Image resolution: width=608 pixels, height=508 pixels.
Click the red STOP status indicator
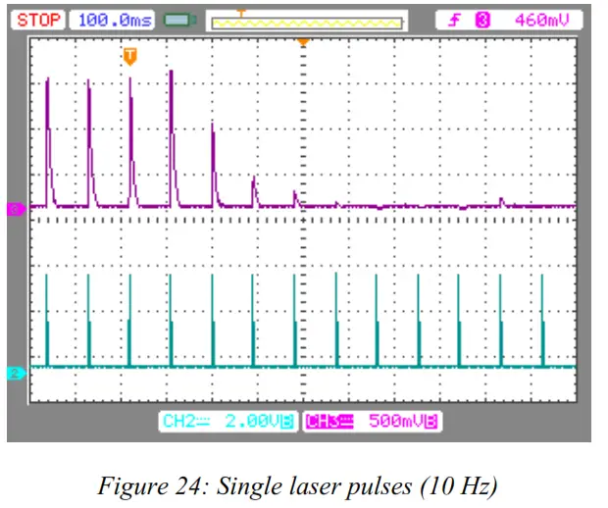(x=38, y=19)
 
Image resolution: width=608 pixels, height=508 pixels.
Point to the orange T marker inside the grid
(x=129, y=57)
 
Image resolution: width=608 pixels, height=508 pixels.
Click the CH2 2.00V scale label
(x=228, y=422)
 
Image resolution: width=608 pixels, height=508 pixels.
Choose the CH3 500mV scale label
(x=373, y=422)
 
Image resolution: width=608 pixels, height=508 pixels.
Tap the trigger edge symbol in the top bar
(x=455, y=19)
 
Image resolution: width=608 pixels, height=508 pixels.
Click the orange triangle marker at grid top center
(x=303, y=41)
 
